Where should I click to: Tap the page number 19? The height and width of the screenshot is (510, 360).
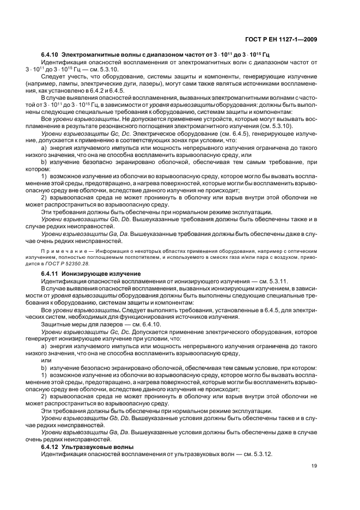tap(314, 466)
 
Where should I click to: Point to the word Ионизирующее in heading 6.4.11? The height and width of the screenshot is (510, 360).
tap(87, 272)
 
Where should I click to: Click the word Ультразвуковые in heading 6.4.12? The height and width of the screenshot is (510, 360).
tap(89, 447)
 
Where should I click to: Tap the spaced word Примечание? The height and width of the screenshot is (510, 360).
tap(62, 251)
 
